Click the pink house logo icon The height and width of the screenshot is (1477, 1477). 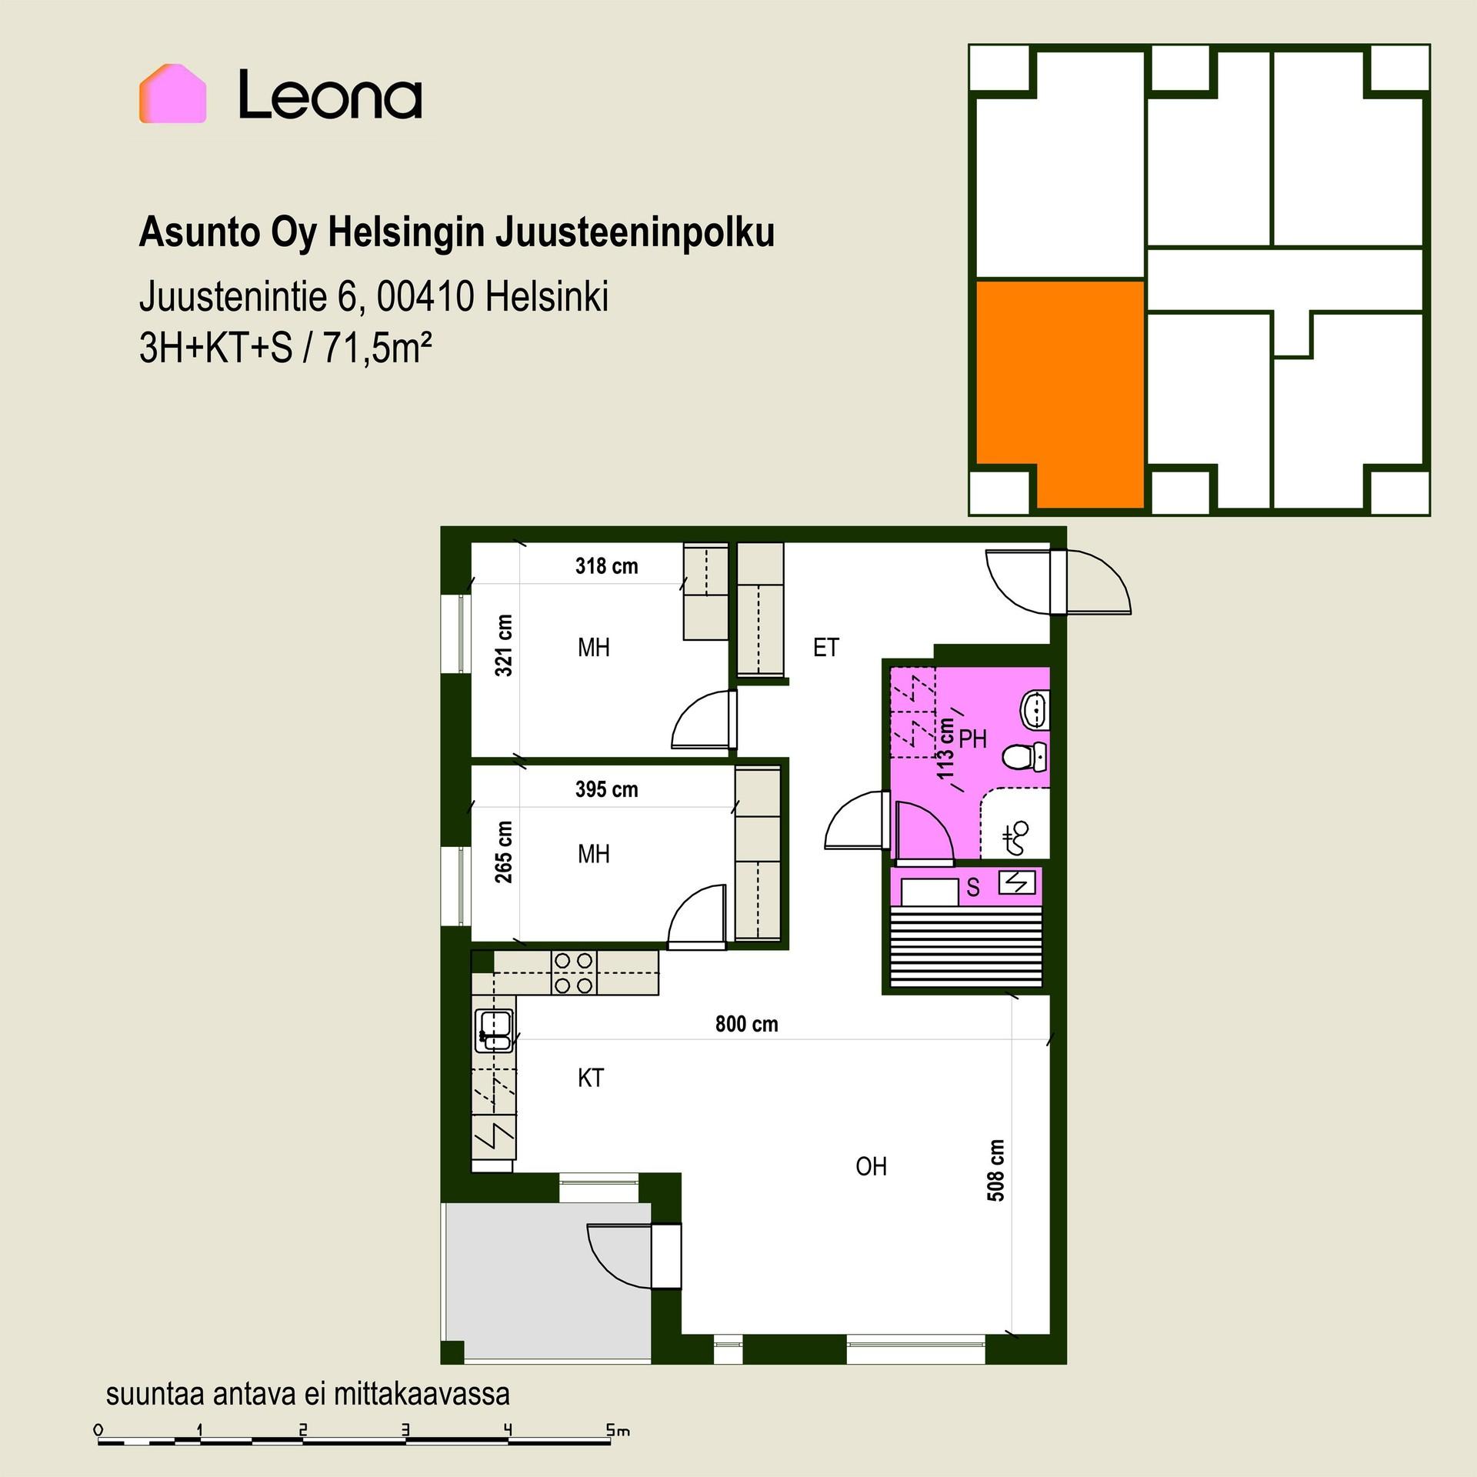[x=172, y=93]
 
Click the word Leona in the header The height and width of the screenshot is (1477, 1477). [x=330, y=95]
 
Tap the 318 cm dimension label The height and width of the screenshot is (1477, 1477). [x=607, y=566]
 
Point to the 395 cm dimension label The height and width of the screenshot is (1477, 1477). [x=607, y=789]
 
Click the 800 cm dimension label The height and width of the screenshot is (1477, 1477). [x=747, y=1024]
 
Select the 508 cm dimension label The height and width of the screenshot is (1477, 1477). [x=995, y=1170]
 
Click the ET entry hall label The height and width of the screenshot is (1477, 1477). [x=826, y=648]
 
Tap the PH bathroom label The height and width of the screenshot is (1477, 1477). [x=973, y=739]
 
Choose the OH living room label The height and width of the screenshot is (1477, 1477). [x=872, y=1167]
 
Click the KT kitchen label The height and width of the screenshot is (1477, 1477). [x=591, y=1078]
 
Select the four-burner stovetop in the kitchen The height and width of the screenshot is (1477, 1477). [x=574, y=973]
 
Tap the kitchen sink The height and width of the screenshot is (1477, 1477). [x=495, y=1031]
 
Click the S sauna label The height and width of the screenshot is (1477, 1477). [x=973, y=888]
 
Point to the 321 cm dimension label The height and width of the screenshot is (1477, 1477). [x=503, y=645]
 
